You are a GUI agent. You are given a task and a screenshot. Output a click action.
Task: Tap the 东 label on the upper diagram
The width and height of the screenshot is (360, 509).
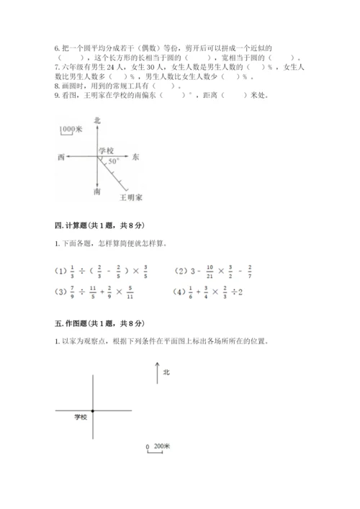tap(137, 156)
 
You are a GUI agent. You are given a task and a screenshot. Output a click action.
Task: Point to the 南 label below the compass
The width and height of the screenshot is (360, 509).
tap(97, 193)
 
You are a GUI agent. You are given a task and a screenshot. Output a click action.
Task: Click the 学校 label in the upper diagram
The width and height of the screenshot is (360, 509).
tap(107, 150)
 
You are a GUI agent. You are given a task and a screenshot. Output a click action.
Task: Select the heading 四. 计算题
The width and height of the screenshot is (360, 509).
tap(69, 225)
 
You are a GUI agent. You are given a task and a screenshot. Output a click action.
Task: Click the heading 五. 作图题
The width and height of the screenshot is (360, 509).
tap(69, 323)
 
